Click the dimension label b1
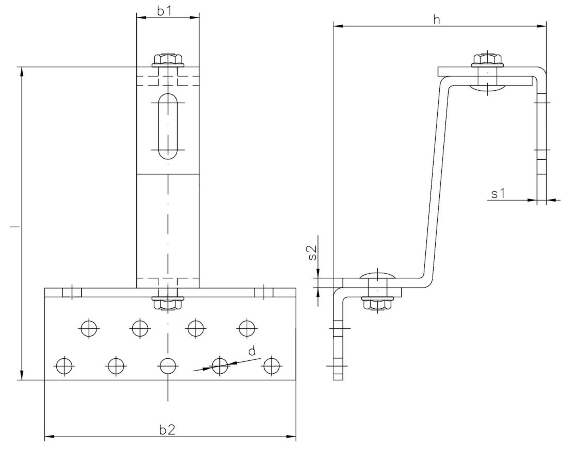(164, 11)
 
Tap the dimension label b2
(167, 429)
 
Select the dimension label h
(437, 20)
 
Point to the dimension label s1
(498, 194)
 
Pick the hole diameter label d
(252, 351)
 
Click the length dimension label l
(15, 227)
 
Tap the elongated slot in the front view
(168, 126)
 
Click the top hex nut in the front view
(168, 60)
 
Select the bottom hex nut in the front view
(168, 304)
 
